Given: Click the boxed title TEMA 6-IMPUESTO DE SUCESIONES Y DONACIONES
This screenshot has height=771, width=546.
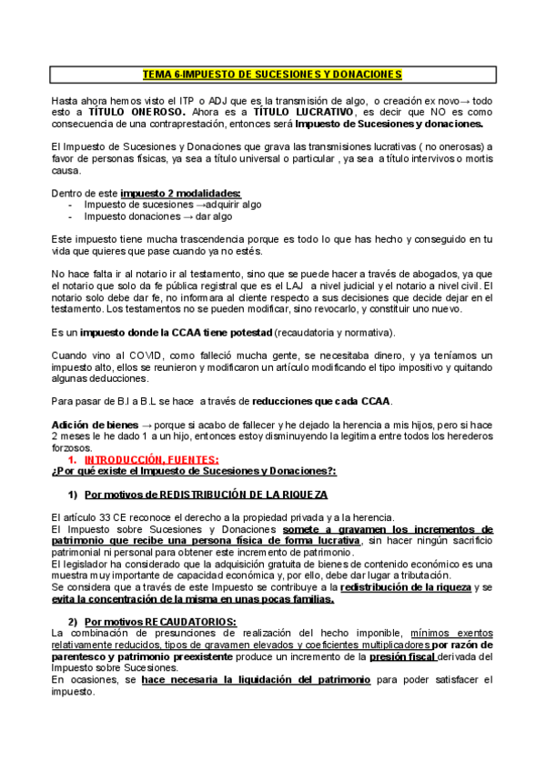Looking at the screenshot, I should coord(272,74).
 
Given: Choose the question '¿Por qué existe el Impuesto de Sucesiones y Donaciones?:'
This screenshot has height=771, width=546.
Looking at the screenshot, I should coord(194,471).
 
